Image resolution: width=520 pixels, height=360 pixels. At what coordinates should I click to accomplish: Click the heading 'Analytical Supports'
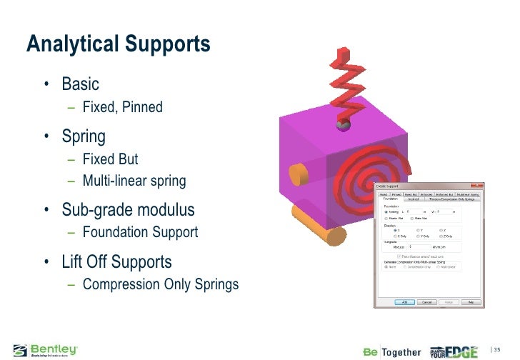pyautogui.click(x=119, y=44)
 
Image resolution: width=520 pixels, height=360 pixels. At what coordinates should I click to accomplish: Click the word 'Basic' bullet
pyautogui.click(x=80, y=84)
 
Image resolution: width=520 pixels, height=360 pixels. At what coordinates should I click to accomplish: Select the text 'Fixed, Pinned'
pyautogui.click(x=122, y=107)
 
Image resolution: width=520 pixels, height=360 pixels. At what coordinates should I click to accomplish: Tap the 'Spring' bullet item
pyautogui.click(x=84, y=136)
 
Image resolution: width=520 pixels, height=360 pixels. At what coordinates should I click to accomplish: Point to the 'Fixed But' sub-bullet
pyautogui.click(x=110, y=159)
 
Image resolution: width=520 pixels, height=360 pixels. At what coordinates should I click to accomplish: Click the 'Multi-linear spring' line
pyautogui.click(x=134, y=181)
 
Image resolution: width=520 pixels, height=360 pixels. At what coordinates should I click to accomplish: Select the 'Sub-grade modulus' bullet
pyautogui.click(x=127, y=210)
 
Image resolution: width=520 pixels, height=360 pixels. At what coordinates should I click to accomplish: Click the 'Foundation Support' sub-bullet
pyautogui.click(x=140, y=232)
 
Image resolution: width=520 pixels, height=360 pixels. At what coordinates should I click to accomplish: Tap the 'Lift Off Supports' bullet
pyautogui.click(x=116, y=261)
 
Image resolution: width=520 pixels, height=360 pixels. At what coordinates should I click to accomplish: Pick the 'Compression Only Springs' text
pyautogui.click(x=160, y=284)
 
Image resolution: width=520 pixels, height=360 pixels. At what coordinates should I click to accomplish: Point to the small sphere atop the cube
pyautogui.click(x=343, y=126)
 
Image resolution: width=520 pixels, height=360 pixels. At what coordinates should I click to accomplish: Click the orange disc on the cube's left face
pyautogui.click(x=296, y=174)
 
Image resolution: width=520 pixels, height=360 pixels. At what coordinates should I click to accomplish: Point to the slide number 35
pyautogui.click(x=497, y=349)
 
